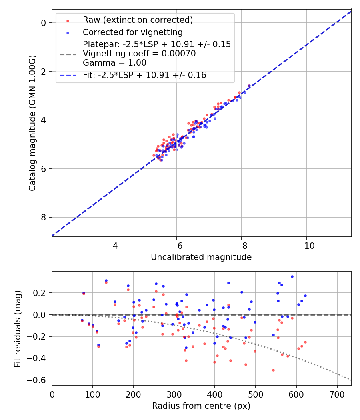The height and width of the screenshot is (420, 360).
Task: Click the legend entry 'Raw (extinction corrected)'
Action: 138,20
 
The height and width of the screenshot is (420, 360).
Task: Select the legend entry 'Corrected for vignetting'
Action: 132,32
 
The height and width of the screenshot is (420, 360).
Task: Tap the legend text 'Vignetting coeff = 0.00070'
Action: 139,54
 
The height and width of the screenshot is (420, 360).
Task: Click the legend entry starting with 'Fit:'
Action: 144,75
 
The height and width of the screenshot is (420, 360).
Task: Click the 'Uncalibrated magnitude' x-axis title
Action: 201,257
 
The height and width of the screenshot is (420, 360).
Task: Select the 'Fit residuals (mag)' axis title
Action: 17,329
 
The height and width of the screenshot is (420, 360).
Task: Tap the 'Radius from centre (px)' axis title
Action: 201,406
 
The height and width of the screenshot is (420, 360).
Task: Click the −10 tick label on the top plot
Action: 306,245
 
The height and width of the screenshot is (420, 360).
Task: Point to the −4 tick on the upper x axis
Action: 112,245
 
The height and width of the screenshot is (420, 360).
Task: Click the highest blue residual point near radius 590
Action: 292,276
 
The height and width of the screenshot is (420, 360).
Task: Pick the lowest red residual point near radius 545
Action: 273,370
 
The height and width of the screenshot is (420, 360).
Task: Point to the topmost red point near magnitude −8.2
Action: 249,86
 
